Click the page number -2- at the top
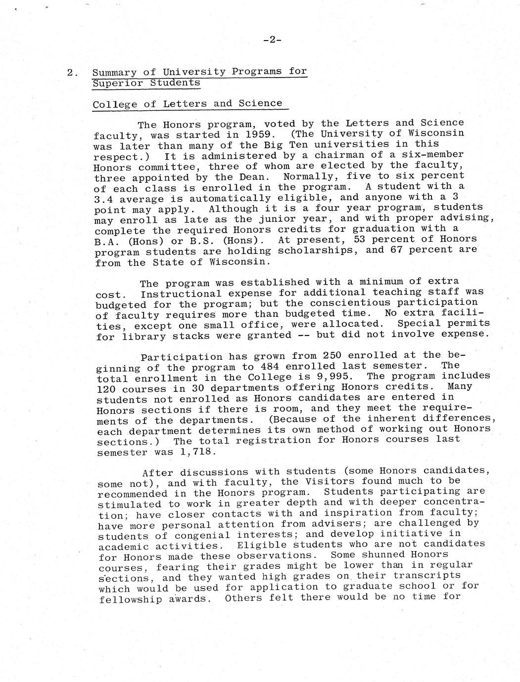(x=272, y=41)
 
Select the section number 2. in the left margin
(x=72, y=73)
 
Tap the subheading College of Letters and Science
(x=188, y=104)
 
